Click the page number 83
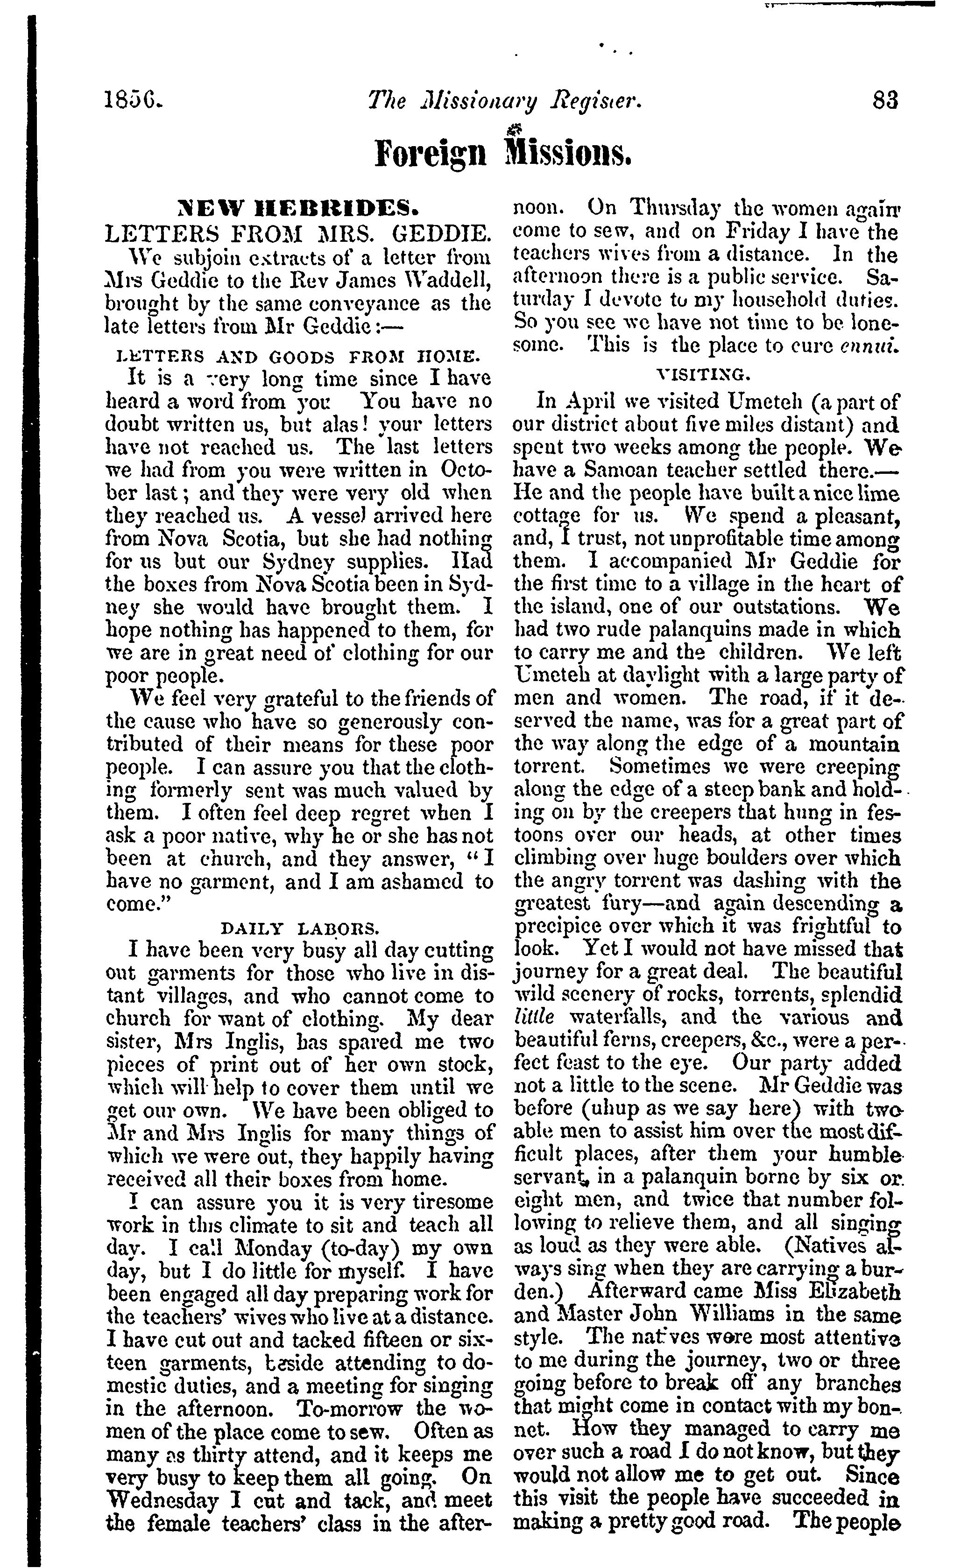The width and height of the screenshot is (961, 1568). pyautogui.click(x=886, y=100)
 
